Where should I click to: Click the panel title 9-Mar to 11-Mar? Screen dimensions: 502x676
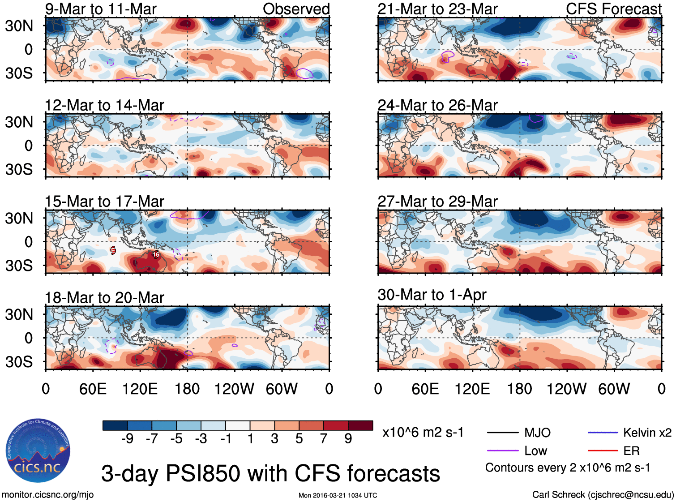[101, 9]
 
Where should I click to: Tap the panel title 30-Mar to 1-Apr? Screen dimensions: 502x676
[432, 295]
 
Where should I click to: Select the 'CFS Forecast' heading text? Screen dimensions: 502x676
[613, 9]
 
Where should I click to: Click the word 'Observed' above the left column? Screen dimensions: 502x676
[296, 9]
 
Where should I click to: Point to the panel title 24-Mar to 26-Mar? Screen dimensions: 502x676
[437, 105]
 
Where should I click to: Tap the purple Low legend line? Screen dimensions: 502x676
[502, 451]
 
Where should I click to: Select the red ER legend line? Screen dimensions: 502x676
[603, 451]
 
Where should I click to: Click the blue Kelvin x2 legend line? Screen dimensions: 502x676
[603, 433]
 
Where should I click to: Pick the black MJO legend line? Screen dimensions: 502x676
[502, 433]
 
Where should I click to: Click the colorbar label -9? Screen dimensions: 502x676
[127, 439]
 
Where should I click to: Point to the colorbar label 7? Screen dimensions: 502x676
[324, 439]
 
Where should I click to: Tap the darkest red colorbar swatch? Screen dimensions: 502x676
[360, 425]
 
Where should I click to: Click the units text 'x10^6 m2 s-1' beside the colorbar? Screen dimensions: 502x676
[423, 433]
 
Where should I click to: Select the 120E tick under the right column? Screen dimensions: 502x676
[472, 389]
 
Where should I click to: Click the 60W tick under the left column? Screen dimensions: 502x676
[282, 389]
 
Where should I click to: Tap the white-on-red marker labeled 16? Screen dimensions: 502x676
[156, 254]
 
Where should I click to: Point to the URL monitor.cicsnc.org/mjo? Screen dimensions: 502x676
[48, 495]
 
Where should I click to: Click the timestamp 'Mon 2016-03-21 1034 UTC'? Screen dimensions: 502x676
[338, 495]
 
